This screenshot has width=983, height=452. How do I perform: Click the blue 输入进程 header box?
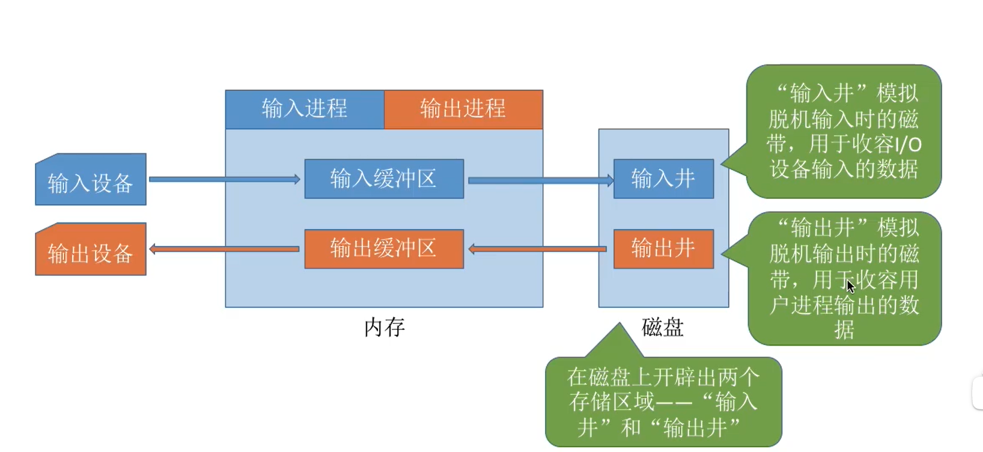click(305, 109)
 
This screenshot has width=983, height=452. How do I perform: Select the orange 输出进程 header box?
click(463, 109)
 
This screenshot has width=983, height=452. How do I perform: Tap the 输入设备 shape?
click(91, 181)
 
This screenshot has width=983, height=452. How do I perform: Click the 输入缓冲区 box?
click(384, 179)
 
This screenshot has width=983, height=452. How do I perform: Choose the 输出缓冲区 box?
click(384, 249)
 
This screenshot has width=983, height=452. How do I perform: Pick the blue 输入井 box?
click(663, 179)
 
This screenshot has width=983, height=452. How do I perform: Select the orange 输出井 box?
click(663, 249)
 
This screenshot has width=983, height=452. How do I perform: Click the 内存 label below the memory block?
click(385, 328)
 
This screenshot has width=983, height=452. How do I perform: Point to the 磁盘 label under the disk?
click(663, 328)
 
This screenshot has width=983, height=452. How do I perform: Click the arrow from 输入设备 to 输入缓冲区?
click(224, 179)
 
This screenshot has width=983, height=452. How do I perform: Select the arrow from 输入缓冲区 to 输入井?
click(540, 180)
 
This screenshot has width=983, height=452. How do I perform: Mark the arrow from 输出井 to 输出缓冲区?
click(537, 249)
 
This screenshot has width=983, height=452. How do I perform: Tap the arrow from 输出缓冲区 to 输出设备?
click(224, 249)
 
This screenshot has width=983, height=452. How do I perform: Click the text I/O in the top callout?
click(908, 145)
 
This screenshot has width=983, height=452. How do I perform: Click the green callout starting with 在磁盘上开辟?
click(663, 402)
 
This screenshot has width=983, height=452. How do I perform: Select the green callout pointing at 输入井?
click(844, 131)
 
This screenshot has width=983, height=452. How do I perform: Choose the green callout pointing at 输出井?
click(844, 278)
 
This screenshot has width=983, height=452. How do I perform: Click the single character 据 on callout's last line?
click(844, 329)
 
